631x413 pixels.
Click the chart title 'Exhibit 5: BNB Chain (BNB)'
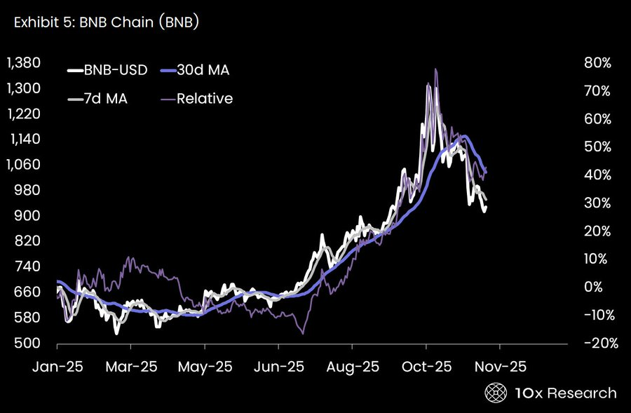tap(105, 23)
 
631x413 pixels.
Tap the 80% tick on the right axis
tap(597, 63)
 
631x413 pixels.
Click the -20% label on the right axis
tap(595, 344)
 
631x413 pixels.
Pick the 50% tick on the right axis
tap(597, 147)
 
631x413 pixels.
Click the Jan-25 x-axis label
tap(57, 367)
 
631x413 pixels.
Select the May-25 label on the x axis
tap(205, 367)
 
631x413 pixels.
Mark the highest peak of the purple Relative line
tap(436, 69)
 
